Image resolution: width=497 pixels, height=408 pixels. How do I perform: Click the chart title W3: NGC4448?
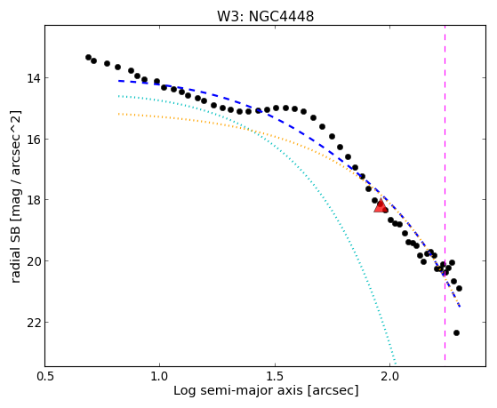click(x=265, y=17)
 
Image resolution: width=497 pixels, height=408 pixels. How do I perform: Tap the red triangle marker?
click(x=381, y=205)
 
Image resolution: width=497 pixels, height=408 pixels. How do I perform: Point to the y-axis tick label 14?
click(x=33, y=78)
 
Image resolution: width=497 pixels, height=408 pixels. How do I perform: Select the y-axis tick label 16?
click(x=33, y=140)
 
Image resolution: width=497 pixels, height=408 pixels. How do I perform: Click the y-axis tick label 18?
click(x=33, y=200)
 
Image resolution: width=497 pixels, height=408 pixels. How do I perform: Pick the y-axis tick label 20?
click(x=33, y=261)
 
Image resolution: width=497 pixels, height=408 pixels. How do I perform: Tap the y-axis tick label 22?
click(x=33, y=323)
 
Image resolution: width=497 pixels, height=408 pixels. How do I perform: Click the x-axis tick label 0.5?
click(x=45, y=377)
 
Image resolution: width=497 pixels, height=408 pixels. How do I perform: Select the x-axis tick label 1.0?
click(x=159, y=377)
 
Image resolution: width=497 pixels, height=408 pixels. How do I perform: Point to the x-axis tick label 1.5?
click(x=275, y=377)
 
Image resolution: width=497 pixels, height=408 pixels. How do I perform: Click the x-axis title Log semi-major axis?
click(x=238, y=390)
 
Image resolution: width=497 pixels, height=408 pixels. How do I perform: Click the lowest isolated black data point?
click(x=456, y=332)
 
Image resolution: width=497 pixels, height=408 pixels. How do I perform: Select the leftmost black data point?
click(x=88, y=58)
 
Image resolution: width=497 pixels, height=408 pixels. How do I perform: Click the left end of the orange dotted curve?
click(x=118, y=114)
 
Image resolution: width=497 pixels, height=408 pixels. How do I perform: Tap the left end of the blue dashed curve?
click(x=118, y=81)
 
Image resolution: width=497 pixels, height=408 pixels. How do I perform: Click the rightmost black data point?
click(x=459, y=289)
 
